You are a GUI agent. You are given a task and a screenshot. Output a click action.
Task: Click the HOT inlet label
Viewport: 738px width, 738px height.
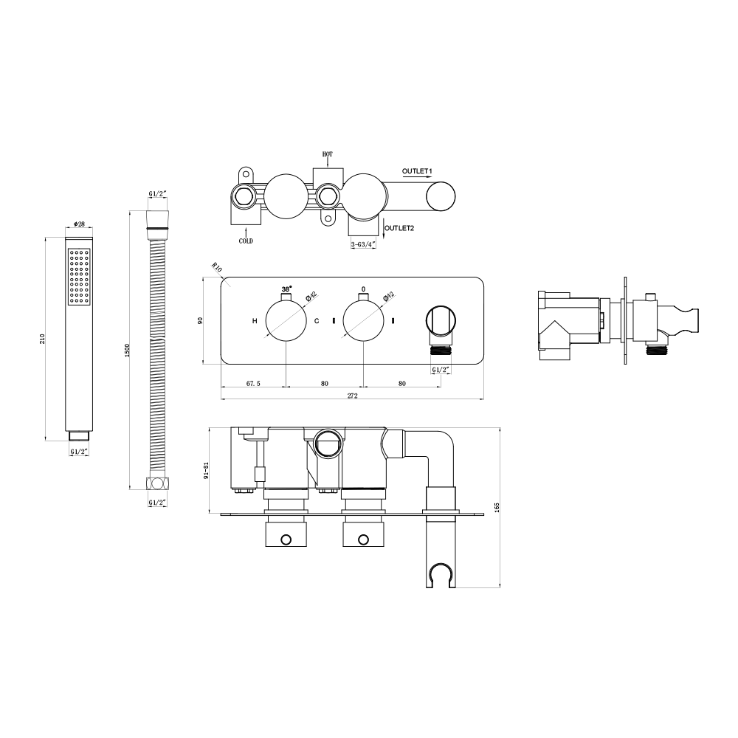(x=328, y=154)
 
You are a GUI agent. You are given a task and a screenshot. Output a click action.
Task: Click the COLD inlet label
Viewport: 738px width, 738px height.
(x=246, y=241)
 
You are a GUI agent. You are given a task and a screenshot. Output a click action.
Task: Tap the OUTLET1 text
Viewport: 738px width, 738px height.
(x=417, y=171)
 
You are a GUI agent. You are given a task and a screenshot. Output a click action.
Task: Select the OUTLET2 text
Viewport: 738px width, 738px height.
(x=399, y=228)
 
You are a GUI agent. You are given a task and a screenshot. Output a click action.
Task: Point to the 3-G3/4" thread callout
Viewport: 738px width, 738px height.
(x=363, y=244)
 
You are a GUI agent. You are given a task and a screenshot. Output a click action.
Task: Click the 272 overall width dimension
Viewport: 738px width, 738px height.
(x=352, y=396)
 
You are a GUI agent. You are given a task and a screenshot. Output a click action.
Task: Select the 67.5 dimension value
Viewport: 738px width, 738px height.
(x=254, y=383)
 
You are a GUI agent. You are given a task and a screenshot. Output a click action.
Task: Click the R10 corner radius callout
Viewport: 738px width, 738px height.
(x=217, y=268)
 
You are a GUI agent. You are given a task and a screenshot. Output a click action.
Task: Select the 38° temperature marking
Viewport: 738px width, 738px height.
(x=286, y=289)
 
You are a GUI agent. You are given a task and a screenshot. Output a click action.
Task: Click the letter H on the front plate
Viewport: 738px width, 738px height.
(x=255, y=321)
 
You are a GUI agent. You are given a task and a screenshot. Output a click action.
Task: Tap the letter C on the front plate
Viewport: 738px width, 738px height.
(x=317, y=321)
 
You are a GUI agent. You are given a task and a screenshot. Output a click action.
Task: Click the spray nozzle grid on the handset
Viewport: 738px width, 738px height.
(x=78, y=276)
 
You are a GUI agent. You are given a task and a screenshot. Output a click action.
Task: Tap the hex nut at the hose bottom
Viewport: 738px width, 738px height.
(x=157, y=485)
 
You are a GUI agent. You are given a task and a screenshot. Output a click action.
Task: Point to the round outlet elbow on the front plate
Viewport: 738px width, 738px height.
(x=441, y=322)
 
